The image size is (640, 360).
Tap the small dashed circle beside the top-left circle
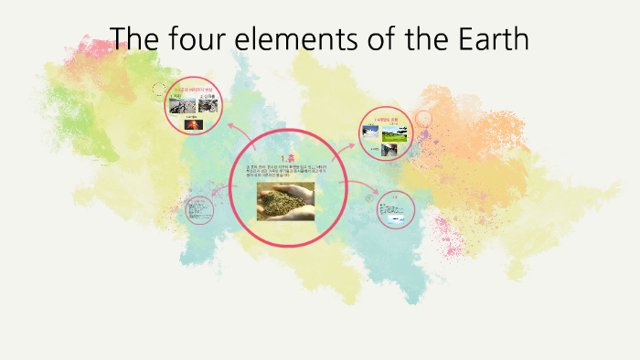tap(160, 90)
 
